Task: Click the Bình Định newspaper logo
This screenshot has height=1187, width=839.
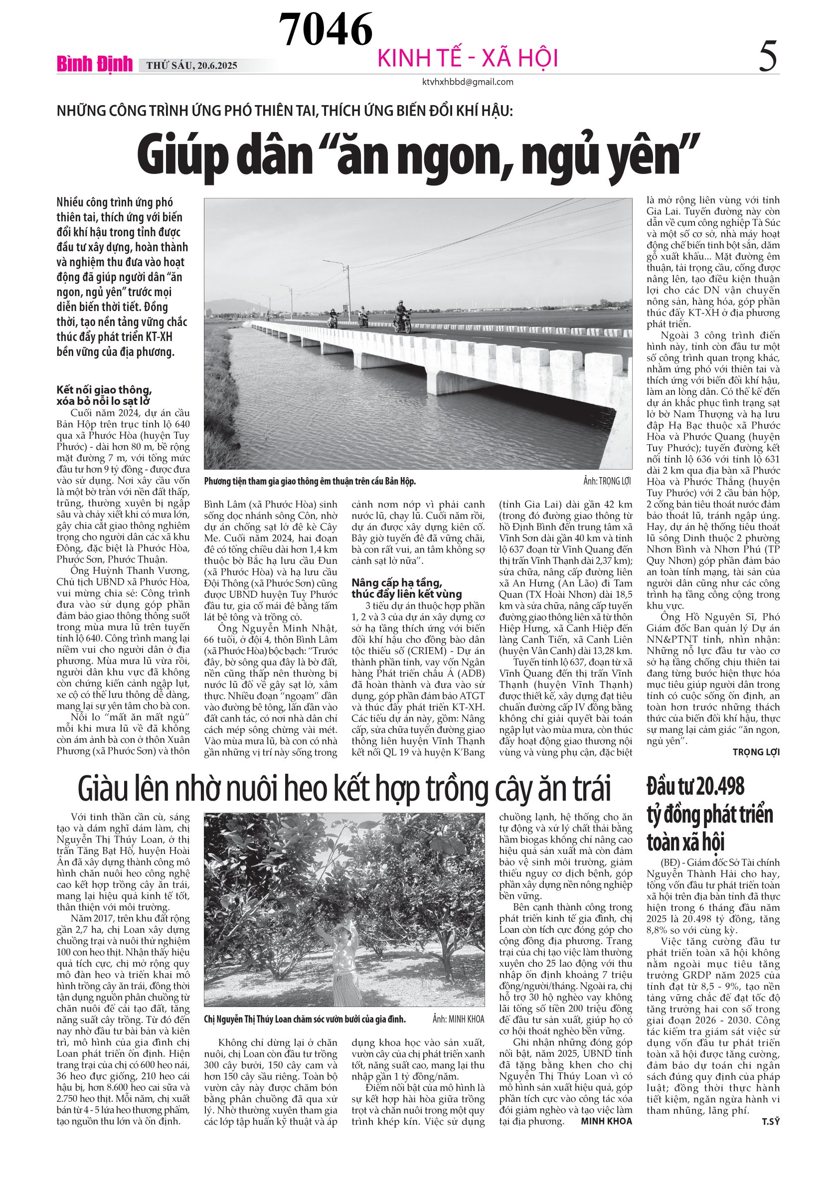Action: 95,64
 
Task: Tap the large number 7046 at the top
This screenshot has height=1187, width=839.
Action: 326,29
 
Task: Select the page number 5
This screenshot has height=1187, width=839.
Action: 768,57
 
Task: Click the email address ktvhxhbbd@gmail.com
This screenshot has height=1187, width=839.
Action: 468,82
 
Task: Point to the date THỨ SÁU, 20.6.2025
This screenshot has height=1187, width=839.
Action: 192,66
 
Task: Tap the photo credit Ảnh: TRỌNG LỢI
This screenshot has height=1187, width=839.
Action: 607,481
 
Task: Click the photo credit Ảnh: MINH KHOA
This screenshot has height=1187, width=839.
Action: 459,1019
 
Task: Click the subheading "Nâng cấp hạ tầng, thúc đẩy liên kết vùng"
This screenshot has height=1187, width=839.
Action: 407,588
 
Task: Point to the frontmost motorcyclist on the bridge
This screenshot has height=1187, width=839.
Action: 402,317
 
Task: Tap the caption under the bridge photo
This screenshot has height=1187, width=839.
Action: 310,481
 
